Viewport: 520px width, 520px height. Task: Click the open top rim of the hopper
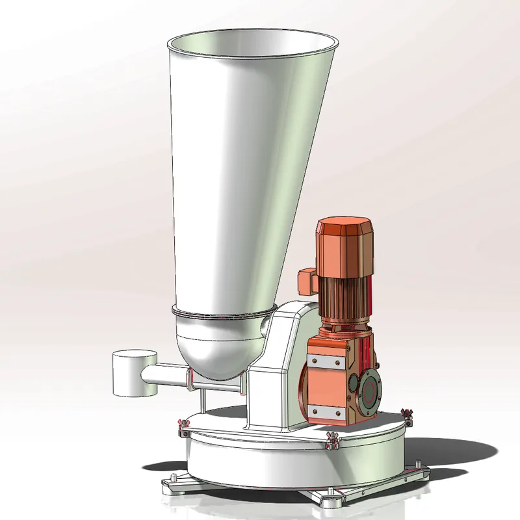[253, 34]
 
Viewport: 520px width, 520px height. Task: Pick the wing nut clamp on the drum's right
[408, 414]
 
